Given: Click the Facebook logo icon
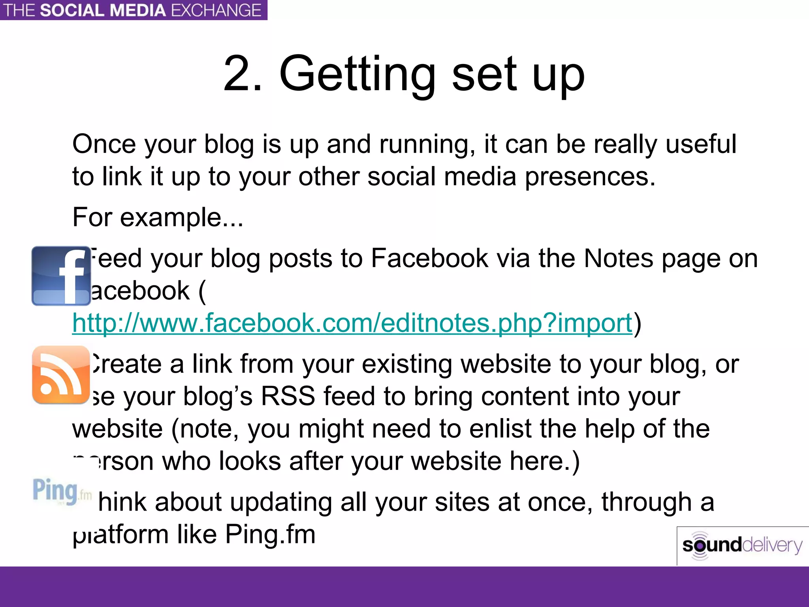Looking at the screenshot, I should click(61, 276).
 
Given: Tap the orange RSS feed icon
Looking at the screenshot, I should click(61, 375).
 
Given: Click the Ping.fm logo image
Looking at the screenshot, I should click(62, 491).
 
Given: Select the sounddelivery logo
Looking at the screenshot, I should click(742, 546).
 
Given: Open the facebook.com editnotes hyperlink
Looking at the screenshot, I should click(352, 323).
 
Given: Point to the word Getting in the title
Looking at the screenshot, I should click(357, 75).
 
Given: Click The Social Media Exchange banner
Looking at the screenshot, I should click(133, 10).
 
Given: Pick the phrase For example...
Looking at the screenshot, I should click(158, 217).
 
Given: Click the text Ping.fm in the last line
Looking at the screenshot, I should click(270, 535).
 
